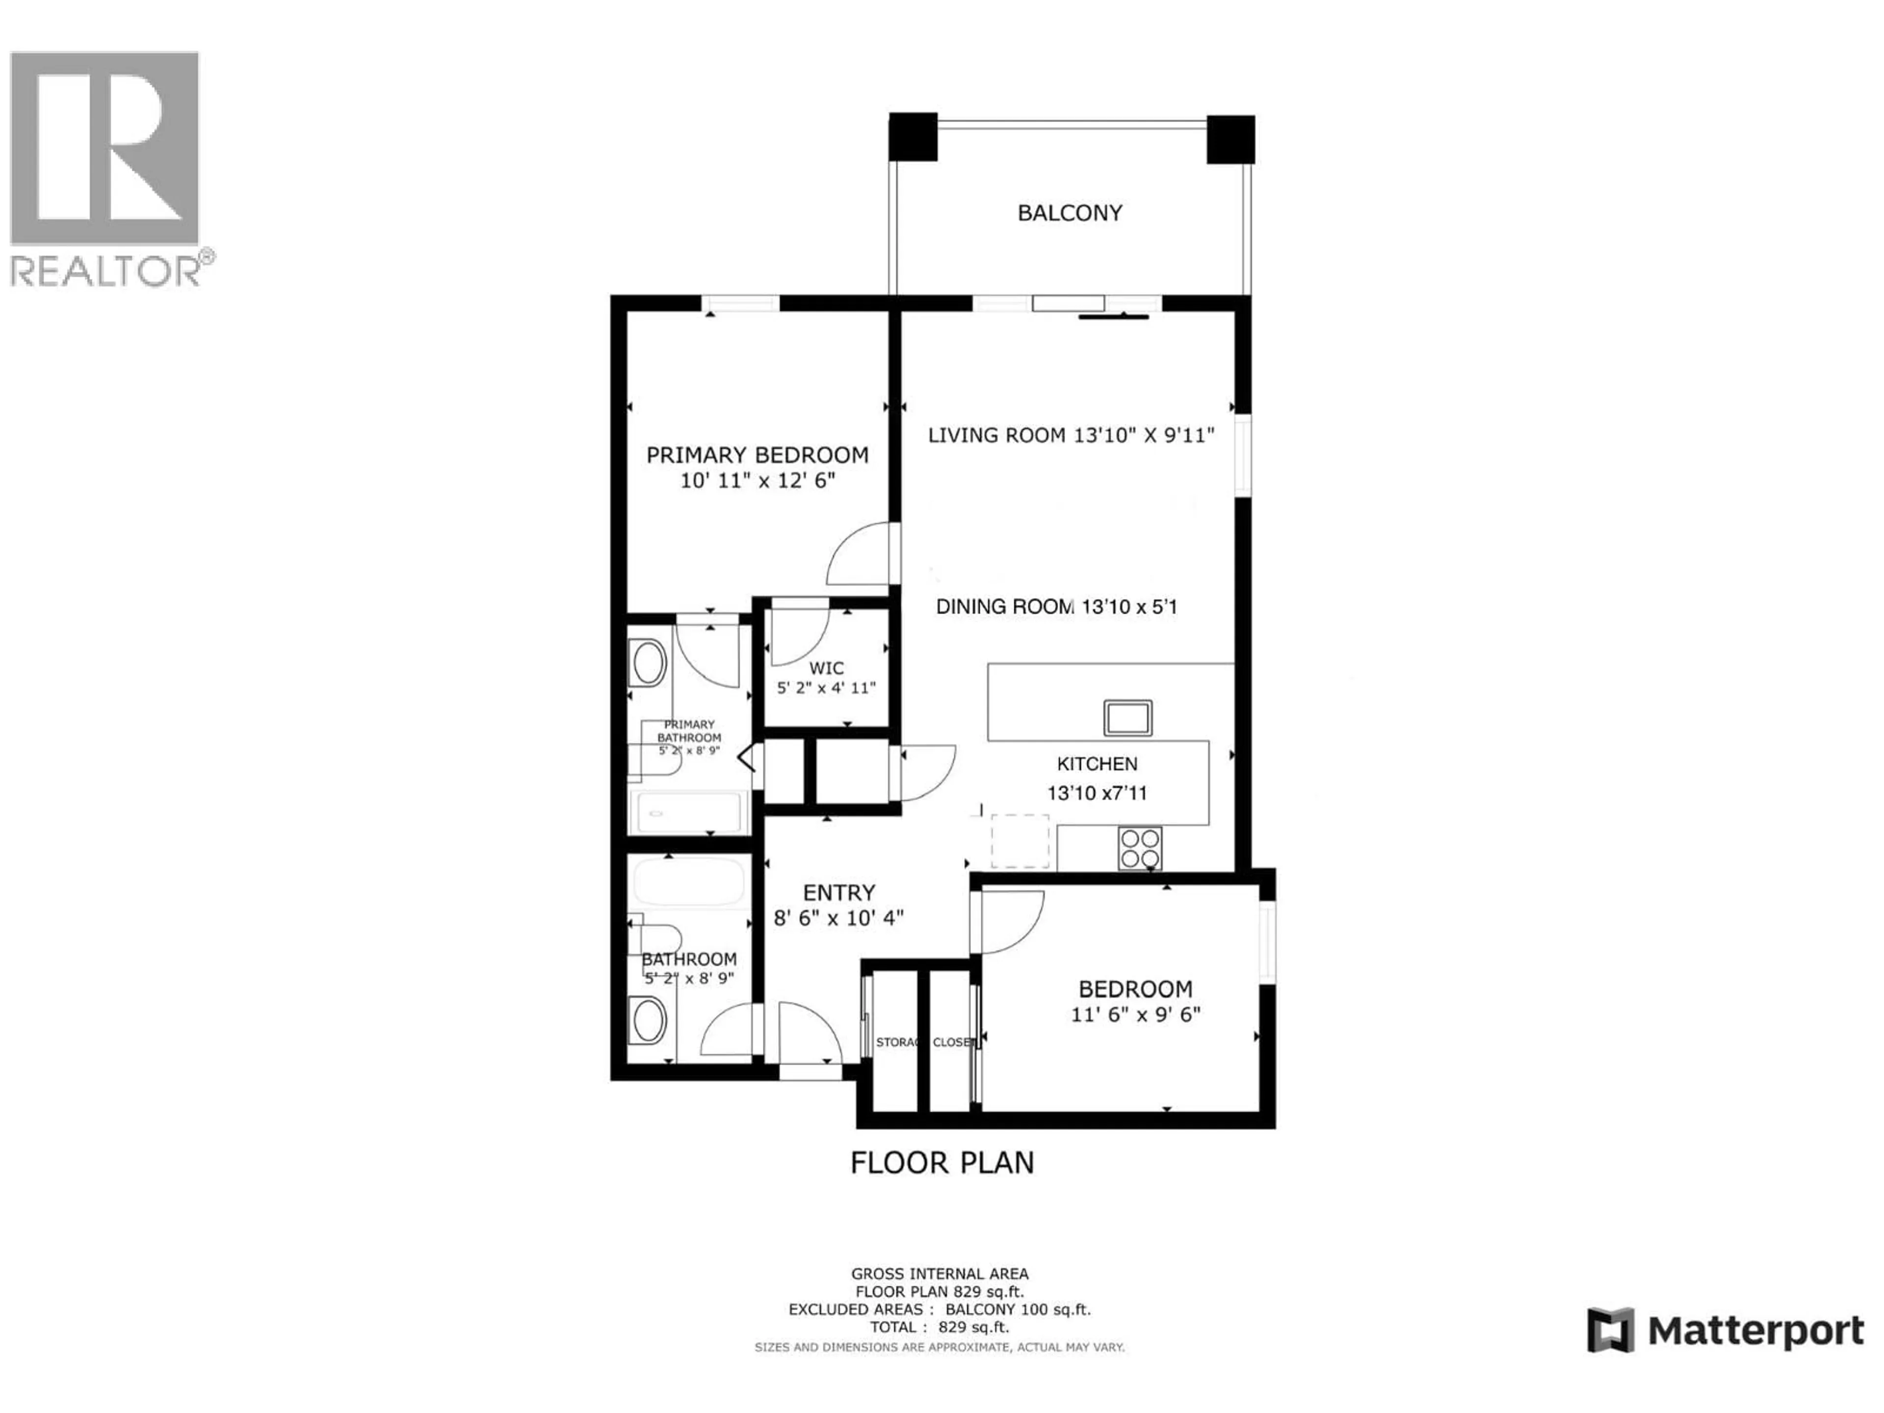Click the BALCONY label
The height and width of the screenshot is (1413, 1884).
point(1070,213)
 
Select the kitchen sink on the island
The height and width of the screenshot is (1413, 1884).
point(1127,717)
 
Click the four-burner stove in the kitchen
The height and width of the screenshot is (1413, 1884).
point(1140,848)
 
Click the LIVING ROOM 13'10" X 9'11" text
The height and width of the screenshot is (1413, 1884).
point(1071,435)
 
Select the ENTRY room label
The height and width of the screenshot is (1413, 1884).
point(839,892)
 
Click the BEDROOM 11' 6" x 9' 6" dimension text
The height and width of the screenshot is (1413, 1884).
point(1135,1015)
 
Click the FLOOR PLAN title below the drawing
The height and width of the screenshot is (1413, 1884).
point(942,1163)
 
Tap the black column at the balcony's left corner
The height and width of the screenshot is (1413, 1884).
point(913,137)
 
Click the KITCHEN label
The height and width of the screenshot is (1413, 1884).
point(1097,764)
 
